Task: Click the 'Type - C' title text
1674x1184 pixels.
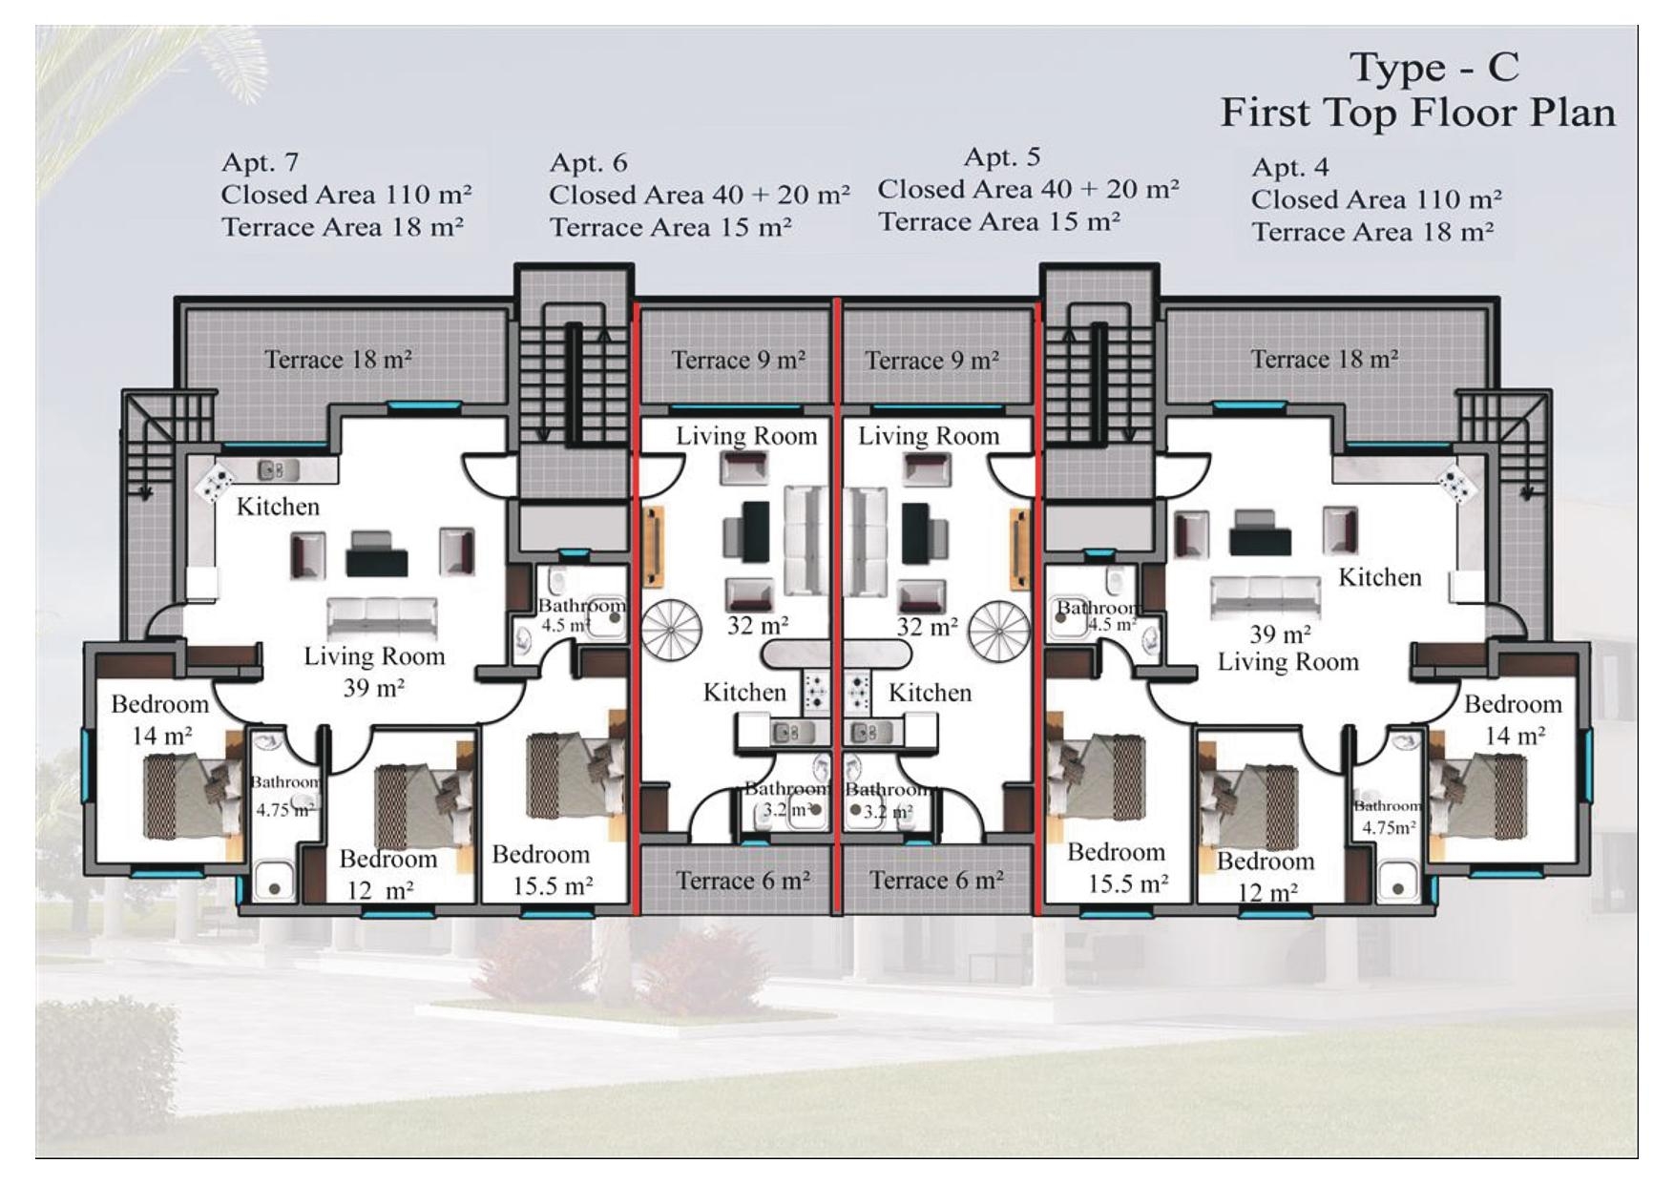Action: (1433, 68)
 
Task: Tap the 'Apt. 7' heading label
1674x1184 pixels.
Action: (260, 162)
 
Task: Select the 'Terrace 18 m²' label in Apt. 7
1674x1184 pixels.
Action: (338, 360)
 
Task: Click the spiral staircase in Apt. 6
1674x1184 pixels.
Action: (671, 632)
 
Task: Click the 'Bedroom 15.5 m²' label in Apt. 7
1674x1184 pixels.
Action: (542, 869)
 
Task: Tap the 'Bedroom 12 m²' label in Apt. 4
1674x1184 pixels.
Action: (1265, 876)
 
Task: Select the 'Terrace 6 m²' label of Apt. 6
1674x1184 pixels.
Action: (743, 880)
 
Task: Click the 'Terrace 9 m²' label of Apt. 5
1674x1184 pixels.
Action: (931, 361)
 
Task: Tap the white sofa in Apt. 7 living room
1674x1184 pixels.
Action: (382, 618)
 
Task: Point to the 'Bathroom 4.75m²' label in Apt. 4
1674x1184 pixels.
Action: (1388, 817)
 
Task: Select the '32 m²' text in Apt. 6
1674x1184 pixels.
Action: (758, 626)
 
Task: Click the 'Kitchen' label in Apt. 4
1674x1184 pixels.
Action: (1379, 577)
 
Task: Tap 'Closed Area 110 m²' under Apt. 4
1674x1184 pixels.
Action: (1375, 199)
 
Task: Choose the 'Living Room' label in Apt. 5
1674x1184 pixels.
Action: (928, 436)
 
